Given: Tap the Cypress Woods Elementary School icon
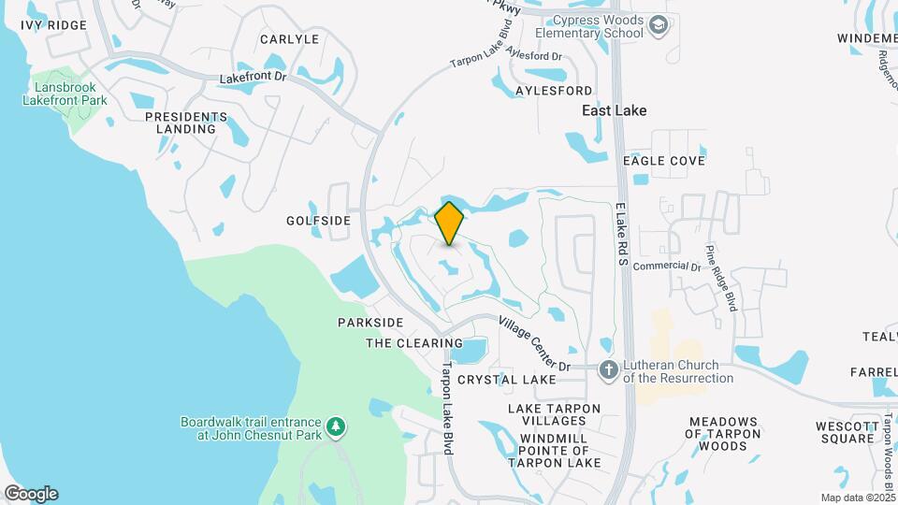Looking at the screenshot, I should click(x=659, y=25).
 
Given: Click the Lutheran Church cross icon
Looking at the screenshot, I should click(x=609, y=371).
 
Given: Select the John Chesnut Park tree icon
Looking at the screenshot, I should click(x=336, y=428).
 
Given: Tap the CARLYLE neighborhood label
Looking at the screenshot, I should click(x=289, y=39).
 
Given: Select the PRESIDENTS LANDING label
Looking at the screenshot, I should click(x=186, y=123).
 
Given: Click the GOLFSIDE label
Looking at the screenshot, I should click(x=318, y=221).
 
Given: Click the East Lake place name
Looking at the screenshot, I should click(x=615, y=110).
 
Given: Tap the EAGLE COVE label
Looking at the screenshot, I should click(x=664, y=161).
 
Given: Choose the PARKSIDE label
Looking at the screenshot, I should click(x=370, y=323).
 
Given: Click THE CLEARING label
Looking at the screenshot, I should click(x=414, y=343).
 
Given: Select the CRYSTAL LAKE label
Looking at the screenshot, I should click(x=506, y=380).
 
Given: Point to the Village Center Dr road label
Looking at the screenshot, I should click(x=534, y=342).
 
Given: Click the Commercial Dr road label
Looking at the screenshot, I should click(x=666, y=267).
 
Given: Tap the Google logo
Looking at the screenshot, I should click(x=31, y=493).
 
